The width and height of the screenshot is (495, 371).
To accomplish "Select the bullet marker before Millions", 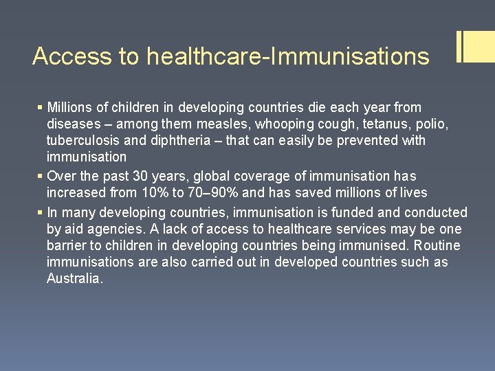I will point(40,108).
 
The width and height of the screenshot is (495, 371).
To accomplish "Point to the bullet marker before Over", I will point(40,177).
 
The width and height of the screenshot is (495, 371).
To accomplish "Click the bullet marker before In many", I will point(40,213).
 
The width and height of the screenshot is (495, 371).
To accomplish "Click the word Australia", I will point(74,279).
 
